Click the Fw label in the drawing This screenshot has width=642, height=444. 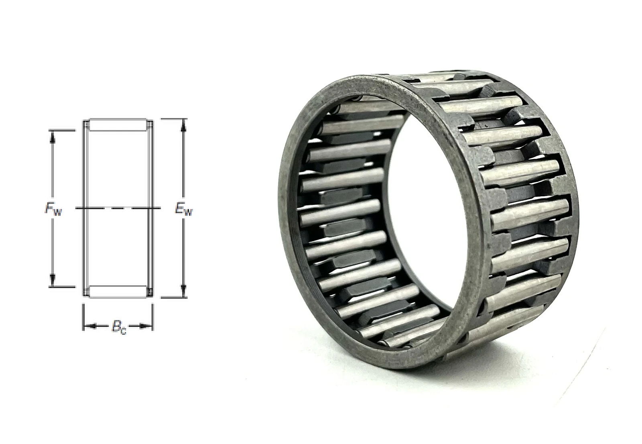pos(53,209)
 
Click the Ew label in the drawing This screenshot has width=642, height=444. pos(184,210)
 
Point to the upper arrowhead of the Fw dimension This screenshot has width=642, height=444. pos(52,137)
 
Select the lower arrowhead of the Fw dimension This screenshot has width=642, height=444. pos(52,279)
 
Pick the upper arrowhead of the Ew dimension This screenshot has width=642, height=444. pos(184,125)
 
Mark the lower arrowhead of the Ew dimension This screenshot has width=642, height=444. pos(184,291)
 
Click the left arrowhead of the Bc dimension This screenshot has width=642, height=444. pos(89,326)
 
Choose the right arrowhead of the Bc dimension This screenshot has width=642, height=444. pos(146,326)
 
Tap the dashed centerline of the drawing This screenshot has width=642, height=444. pos(118,208)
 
